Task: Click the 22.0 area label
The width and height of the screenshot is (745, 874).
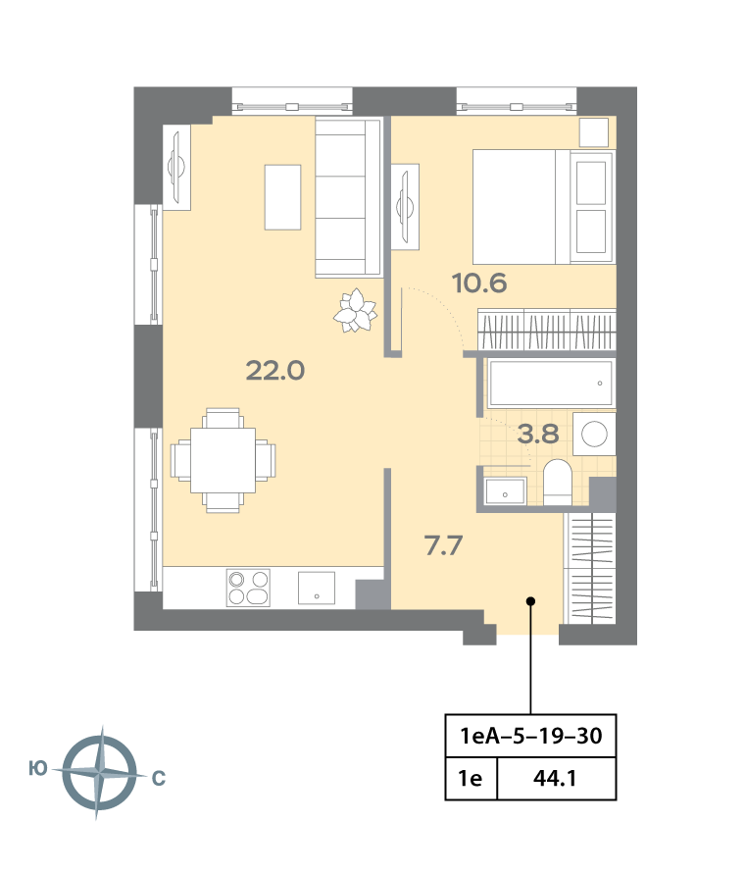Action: click(x=275, y=371)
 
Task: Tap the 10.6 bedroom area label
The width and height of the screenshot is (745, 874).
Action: click(x=479, y=283)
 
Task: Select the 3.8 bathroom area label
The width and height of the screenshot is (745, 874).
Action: click(x=538, y=434)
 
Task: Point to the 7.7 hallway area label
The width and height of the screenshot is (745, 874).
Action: click(x=443, y=545)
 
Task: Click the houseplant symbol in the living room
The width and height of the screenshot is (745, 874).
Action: click(x=355, y=311)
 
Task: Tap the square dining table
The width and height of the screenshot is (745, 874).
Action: click(x=223, y=460)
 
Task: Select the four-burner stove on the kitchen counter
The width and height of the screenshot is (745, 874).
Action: click(x=248, y=588)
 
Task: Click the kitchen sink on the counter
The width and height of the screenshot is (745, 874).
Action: click(x=317, y=588)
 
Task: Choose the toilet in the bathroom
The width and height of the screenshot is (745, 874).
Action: click(x=557, y=483)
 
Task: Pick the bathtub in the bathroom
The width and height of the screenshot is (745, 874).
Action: click(x=551, y=383)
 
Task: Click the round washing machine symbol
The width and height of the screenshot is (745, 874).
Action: click(x=594, y=434)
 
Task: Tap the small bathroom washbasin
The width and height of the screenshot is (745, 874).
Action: click(x=505, y=491)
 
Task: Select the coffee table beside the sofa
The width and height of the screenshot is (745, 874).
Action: click(x=282, y=197)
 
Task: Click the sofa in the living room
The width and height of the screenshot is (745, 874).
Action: click(x=348, y=198)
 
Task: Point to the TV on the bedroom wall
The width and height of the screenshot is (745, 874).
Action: click(x=405, y=207)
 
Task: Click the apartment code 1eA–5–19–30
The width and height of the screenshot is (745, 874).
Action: click(x=530, y=736)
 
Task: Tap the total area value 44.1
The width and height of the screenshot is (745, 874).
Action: click(x=555, y=778)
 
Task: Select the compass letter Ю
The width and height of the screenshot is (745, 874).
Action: click(x=38, y=769)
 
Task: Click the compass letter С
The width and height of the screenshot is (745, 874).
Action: click(x=159, y=778)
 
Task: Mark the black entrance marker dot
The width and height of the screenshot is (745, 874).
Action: click(x=531, y=601)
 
